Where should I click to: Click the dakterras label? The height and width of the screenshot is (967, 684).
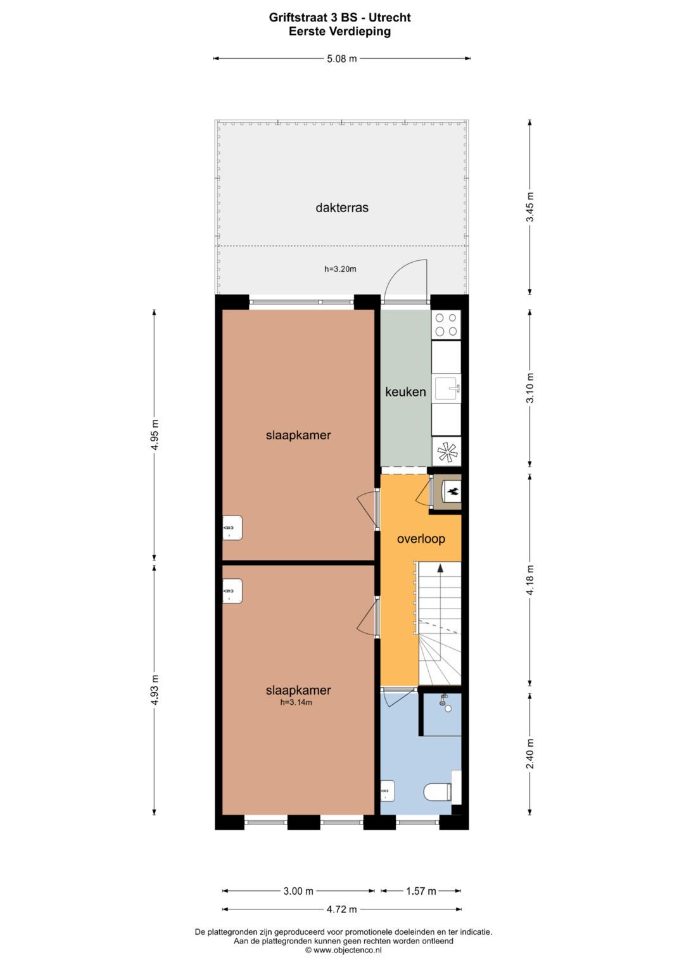pos(342,208)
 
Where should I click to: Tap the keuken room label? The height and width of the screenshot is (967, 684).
pos(405,392)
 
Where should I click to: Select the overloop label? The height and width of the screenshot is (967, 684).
pos(421,539)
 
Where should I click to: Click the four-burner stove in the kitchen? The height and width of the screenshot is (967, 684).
pos(446,325)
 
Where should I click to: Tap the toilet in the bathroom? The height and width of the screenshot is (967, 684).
pos(437,792)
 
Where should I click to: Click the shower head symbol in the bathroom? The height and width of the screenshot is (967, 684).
pos(445,700)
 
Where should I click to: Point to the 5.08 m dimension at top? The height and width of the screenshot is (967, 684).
pos(342,59)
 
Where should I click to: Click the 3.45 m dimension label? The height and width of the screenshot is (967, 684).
pos(530,206)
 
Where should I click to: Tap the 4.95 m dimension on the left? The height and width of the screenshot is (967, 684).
pos(154,434)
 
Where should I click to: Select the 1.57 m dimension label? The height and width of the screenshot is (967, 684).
pos(421,891)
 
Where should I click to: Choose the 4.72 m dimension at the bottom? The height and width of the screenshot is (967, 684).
pos(342,909)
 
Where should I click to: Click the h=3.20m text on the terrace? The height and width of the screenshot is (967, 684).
pos(340,269)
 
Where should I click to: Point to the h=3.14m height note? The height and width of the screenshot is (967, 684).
pos(296,702)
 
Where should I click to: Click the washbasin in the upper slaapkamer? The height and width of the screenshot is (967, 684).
pos(232,528)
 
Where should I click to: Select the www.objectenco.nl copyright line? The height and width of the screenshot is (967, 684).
pos(343,950)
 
